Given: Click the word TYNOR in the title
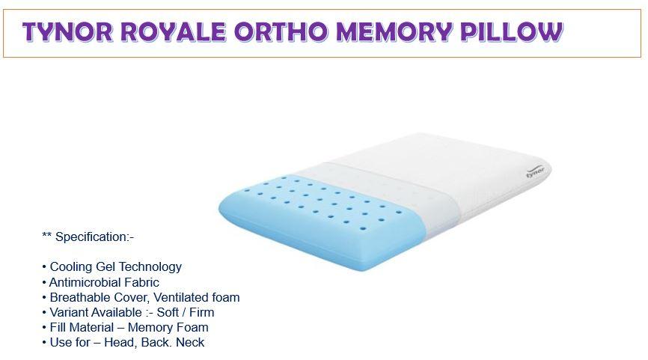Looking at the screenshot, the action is [x=67, y=32].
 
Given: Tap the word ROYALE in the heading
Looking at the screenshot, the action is [x=174, y=32].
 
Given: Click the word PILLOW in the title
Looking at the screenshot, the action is [x=512, y=32].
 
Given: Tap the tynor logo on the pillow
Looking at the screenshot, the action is [x=535, y=171].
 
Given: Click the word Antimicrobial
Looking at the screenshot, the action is [x=85, y=282].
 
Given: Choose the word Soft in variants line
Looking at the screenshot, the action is [x=168, y=312].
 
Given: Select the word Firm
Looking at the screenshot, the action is [x=202, y=312].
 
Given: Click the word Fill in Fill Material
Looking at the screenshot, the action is [x=57, y=327].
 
